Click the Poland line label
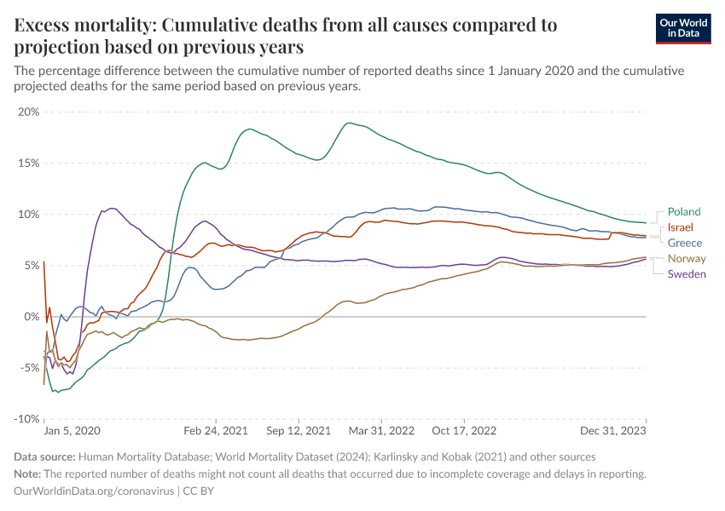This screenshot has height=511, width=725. coord(684,212)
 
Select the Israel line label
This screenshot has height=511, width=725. coord(680,227)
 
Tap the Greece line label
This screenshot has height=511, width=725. coord(685,243)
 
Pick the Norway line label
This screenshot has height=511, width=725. coord(687,258)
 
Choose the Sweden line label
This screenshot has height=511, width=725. coord(687,273)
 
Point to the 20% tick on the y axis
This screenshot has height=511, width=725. coord(29,112)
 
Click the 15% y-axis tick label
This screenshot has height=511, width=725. coord(29,163)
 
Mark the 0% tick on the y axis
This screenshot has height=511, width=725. coord(32,317)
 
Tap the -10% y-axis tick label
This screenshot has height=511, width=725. coord(26,419)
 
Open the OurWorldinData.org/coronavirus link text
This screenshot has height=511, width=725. coord(94,491)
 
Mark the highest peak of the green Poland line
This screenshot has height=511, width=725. coord(349,123)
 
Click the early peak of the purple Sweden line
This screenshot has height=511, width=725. coord(111,208)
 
